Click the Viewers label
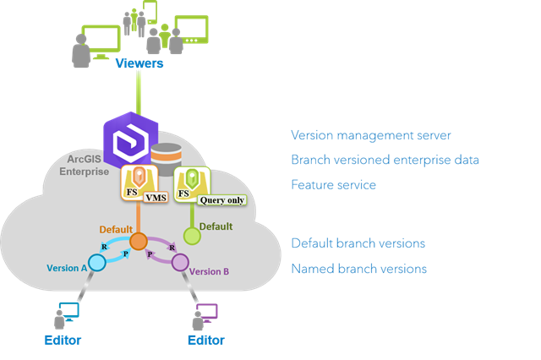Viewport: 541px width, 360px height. coord(139,63)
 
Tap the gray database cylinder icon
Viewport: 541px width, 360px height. coord(168,157)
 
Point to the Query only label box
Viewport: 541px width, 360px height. coord(206,200)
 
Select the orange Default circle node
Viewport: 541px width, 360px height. coord(139,242)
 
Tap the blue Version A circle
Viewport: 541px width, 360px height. coord(97,263)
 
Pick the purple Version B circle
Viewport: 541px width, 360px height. coord(180,263)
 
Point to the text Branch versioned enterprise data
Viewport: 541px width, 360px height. coord(385,160)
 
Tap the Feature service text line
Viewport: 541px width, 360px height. coord(333,184)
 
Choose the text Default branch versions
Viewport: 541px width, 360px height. coord(358,243)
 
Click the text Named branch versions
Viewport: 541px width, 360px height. coord(358,269)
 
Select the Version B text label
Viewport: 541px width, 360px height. coord(210,271)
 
